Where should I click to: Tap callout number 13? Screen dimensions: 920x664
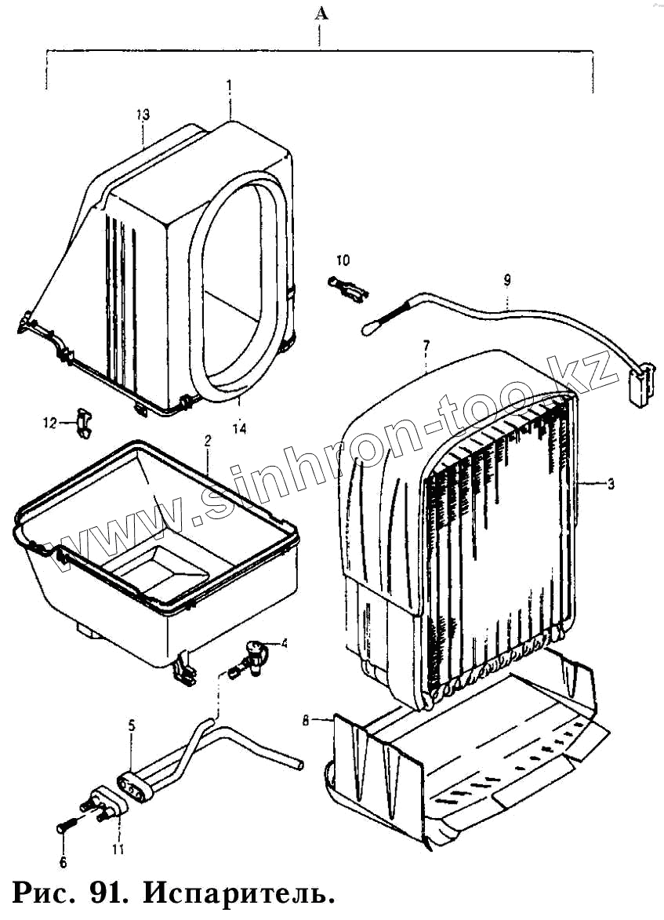pos(142,115)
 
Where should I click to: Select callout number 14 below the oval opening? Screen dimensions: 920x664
pos(240,427)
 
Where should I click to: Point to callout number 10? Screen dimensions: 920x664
pos(343,260)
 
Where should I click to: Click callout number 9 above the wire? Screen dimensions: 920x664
pos(507,279)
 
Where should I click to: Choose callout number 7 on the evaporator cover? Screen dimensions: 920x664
pos(426,345)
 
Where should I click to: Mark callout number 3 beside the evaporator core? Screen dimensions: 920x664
pos(611,484)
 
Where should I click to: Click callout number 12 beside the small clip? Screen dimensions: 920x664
pos(49,423)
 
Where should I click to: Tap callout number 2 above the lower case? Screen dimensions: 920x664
pos(208,441)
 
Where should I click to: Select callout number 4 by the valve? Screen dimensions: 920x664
pos(285,644)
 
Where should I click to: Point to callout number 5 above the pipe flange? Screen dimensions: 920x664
pos(132,725)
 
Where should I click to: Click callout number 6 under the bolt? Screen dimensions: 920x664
pos(63,863)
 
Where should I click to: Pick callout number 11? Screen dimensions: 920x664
pos(118,848)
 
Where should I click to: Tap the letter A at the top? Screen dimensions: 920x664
pos(319,13)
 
